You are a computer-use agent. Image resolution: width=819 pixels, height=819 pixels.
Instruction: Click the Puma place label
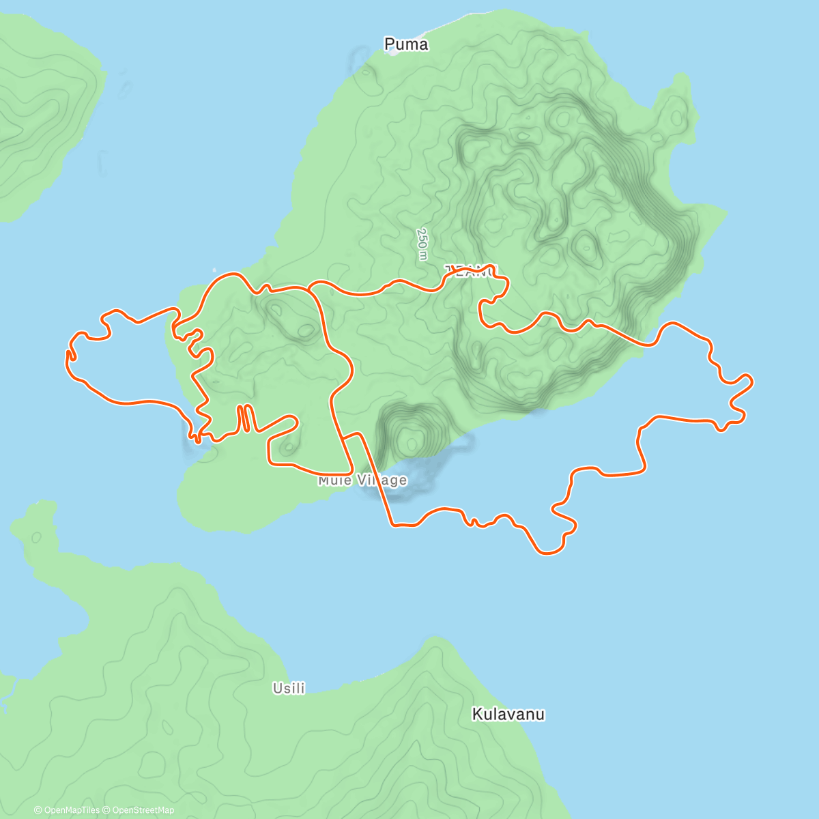406,44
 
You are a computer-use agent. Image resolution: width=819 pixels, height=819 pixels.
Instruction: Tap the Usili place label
289,689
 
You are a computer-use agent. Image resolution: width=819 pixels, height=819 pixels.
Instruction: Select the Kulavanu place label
508,715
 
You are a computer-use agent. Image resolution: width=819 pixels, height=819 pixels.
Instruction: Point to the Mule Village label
362,480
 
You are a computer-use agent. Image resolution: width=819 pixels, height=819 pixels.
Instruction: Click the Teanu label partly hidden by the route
472,271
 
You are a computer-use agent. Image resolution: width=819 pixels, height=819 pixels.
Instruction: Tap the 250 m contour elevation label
422,244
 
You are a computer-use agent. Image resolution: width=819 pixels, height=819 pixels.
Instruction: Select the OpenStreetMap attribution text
143,810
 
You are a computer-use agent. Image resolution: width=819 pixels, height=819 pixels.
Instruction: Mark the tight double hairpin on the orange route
245,418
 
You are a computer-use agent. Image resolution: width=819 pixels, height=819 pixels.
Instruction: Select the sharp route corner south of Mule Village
392,525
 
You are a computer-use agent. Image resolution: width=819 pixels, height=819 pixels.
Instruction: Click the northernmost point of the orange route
232,274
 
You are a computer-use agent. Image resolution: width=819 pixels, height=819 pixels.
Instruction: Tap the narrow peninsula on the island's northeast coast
676,102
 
